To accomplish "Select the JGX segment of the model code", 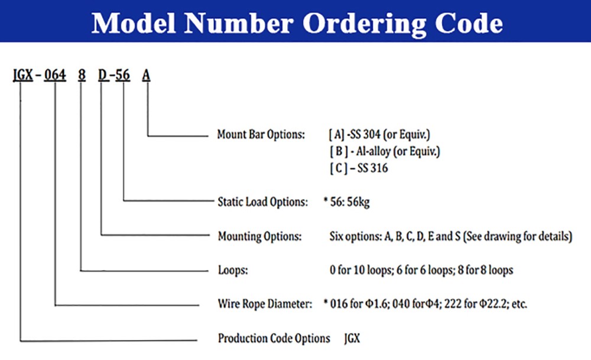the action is pos(23,75).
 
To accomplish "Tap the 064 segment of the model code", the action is pos(55,75).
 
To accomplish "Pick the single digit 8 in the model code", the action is pos(82,75).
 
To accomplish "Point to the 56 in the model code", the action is pos(122,75).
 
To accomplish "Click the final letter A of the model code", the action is pos(146,76).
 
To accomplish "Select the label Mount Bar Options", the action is pos(261,134).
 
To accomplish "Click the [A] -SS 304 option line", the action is pos(379,134).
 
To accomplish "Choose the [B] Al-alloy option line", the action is pos(385,151).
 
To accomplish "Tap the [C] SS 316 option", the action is pos(359,168).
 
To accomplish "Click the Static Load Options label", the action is pos(263,202).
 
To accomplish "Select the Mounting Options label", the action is pos(259,236).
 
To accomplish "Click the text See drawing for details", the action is pos(518,236).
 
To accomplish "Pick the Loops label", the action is pos(233,270).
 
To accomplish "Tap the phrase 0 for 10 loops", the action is pos(361,270).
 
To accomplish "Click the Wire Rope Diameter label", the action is pos(265,303).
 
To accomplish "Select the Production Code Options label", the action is pos(274,338).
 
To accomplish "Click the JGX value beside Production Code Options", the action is pos(352,338).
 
